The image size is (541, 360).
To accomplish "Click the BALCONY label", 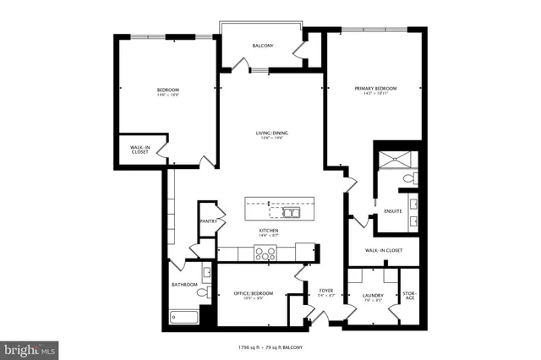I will coord(262,46).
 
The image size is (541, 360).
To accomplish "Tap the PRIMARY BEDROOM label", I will coord(375,88).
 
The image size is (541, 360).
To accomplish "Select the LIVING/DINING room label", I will coord(270,133).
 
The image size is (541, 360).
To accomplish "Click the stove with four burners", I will coord(265,252).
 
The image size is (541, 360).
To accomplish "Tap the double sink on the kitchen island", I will coord(292,213).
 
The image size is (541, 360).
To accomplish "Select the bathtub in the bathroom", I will coord(183,318).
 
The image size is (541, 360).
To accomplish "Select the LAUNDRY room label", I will coord(374,295).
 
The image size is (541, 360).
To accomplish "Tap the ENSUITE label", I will coord(393,210).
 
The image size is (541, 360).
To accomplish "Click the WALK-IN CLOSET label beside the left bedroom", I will coord(140,150).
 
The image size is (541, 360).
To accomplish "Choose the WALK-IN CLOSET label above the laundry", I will coord(383,250).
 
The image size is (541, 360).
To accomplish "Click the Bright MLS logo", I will coord(30,347).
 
